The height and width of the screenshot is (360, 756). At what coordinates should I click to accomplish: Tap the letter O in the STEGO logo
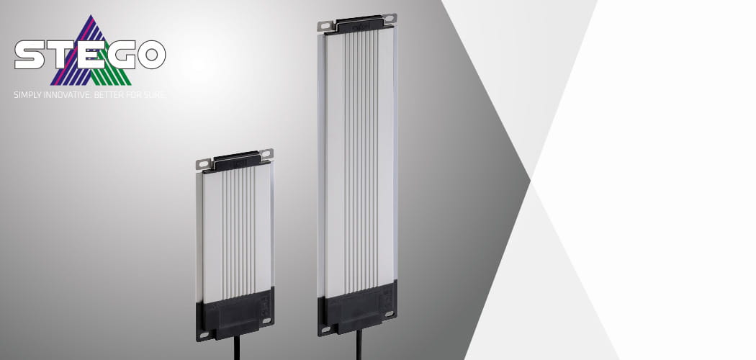(x=151, y=55)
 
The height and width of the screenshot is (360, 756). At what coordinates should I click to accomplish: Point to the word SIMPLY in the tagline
(x=28, y=95)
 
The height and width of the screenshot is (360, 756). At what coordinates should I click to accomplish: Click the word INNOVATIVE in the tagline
(x=68, y=95)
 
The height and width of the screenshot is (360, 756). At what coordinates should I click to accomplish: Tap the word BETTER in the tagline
(x=109, y=95)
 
